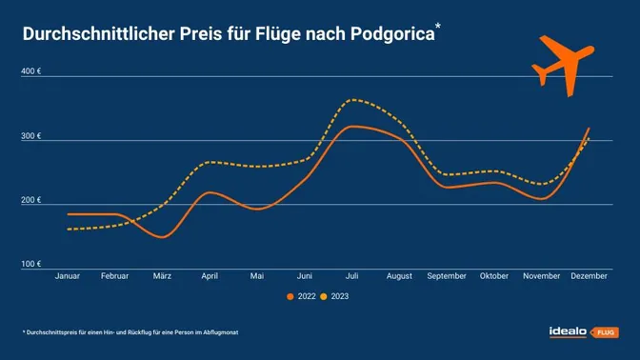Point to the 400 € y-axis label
[30, 72]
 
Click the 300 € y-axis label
[30, 136]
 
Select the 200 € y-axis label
[30, 200]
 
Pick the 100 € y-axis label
[30, 264]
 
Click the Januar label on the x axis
[68, 276]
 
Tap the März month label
[163, 276]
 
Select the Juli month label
[353, 276]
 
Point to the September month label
[448, 276]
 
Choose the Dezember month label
[590, 276]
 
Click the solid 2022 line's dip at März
[161, 236]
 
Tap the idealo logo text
[568, 331]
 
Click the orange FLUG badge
[605, 332]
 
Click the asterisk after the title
[437, 28]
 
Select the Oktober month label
[495, 276]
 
